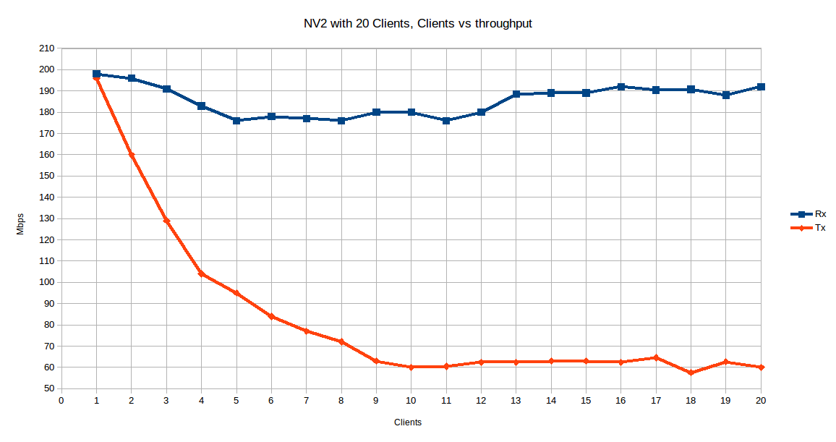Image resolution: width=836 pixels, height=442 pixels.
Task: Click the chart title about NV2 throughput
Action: point(417,24)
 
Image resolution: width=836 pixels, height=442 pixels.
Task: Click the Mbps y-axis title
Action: point(20,224)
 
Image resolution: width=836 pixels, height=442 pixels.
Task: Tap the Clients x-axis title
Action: point(408,422)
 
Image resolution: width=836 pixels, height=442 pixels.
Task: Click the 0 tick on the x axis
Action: point(61,399)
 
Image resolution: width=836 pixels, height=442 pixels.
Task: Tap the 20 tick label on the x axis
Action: point(761,399)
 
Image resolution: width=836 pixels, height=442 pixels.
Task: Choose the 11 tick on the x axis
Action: point(446,399)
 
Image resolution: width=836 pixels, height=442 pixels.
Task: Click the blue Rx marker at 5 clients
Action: point(236,121)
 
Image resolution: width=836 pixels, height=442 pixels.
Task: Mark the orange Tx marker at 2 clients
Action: point(132,155)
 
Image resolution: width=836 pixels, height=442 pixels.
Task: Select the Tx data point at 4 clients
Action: point(201,273)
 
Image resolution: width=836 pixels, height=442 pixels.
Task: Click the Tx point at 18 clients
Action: point(691,373)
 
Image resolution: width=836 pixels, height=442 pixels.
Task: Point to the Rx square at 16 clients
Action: point(621,87)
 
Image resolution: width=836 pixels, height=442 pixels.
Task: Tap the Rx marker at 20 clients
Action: point(761,87)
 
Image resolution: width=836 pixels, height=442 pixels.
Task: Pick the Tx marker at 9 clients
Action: point(376,361)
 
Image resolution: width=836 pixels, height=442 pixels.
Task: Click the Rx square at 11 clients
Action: point(446,121)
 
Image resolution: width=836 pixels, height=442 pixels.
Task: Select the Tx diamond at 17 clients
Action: point(656,357)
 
